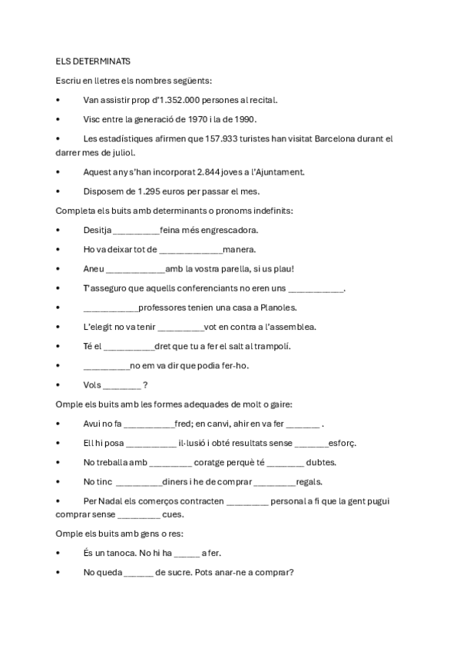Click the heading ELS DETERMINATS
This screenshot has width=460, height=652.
coord(93,61)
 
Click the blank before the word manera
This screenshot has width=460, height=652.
coord(190,250)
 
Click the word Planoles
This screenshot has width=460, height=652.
coord(274,308)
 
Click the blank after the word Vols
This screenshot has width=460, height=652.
coord(121,385)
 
